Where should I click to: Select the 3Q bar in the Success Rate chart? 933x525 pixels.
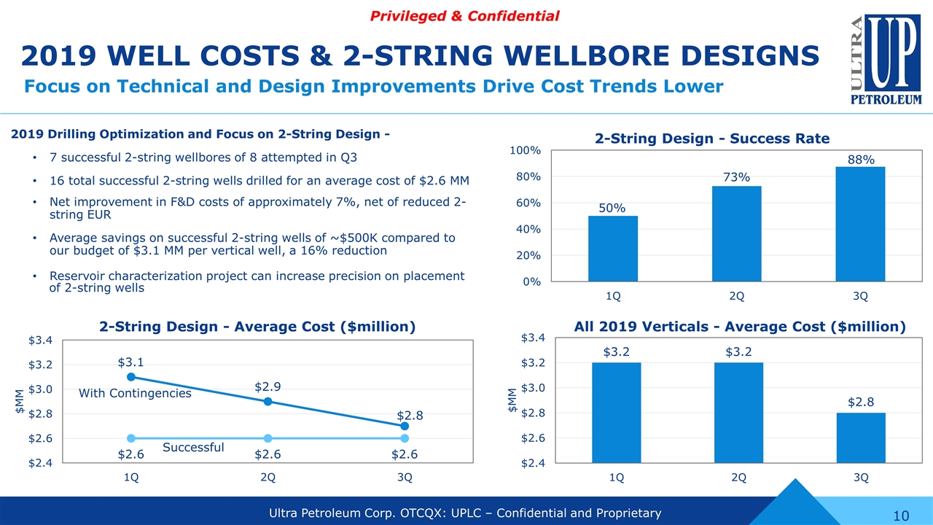(860, 224)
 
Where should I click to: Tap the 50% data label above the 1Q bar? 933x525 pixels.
(612, 208)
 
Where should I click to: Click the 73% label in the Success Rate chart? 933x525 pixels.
(737, 178)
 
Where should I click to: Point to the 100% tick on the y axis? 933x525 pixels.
(526, 150)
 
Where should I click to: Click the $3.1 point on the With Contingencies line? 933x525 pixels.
(131, 377)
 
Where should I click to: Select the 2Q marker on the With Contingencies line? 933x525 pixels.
(268, 402)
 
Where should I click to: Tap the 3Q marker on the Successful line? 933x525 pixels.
(405, 438)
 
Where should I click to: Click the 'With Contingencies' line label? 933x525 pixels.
(135, 394)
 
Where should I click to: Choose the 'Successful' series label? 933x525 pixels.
(192, 447)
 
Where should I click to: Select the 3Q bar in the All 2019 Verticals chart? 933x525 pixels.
(861, 437)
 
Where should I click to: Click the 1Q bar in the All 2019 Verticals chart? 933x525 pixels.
(616, 412)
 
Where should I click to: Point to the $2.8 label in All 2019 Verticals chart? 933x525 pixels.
(861, 402)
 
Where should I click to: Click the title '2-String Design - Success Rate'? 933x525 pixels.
(712, 139)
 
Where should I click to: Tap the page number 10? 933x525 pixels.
(901, 516)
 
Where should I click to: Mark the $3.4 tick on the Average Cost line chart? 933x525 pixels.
(40, 341)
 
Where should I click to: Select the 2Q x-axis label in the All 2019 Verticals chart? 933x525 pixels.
(738, 478)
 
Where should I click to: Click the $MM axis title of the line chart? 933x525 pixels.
(20, 401)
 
